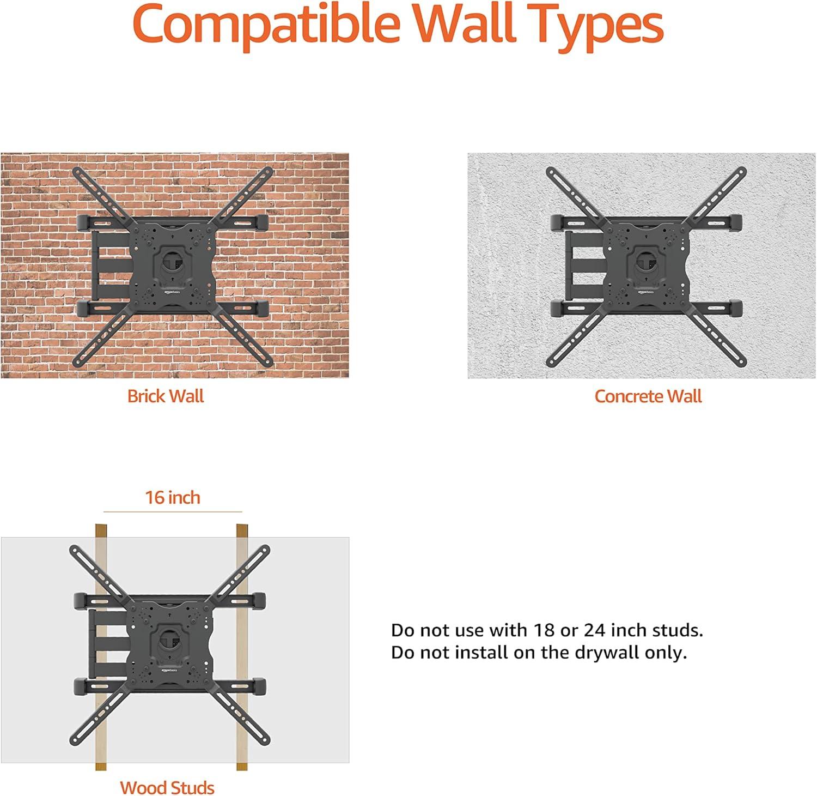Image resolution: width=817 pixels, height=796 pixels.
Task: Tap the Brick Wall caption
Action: click(x=165, y=396)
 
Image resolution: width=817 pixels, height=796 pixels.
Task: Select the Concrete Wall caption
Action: click(x=648, y=396)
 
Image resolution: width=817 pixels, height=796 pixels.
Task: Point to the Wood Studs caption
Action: click(x=167, y=787)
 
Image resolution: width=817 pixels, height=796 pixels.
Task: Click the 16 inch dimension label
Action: click(x=173, y=497)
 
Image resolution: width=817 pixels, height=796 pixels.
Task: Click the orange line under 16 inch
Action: click(x=173, y=512)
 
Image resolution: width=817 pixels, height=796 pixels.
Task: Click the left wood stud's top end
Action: click(x=101, y=526)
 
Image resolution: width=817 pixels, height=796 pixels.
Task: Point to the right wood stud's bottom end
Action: click(x=242, y=769)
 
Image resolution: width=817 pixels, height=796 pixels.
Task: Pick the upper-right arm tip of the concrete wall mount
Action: click(x=740, y=172)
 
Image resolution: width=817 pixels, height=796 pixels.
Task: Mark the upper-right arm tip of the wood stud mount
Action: click(x=264, y=550)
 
